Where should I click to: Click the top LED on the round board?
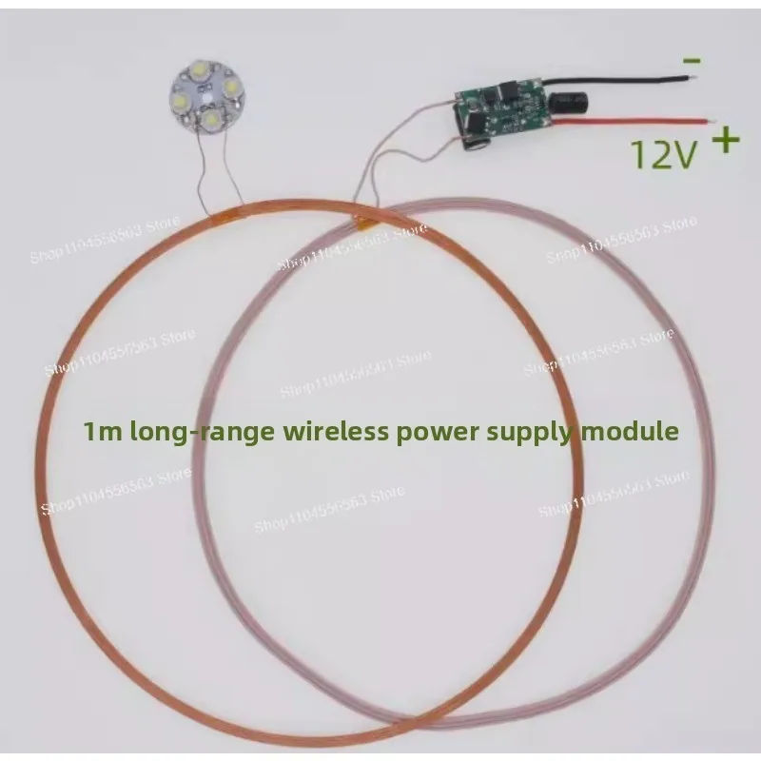click(x=204, y=70)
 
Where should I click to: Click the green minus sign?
click(x=692, y=61)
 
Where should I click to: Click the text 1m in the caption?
click(x=100, y=432)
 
